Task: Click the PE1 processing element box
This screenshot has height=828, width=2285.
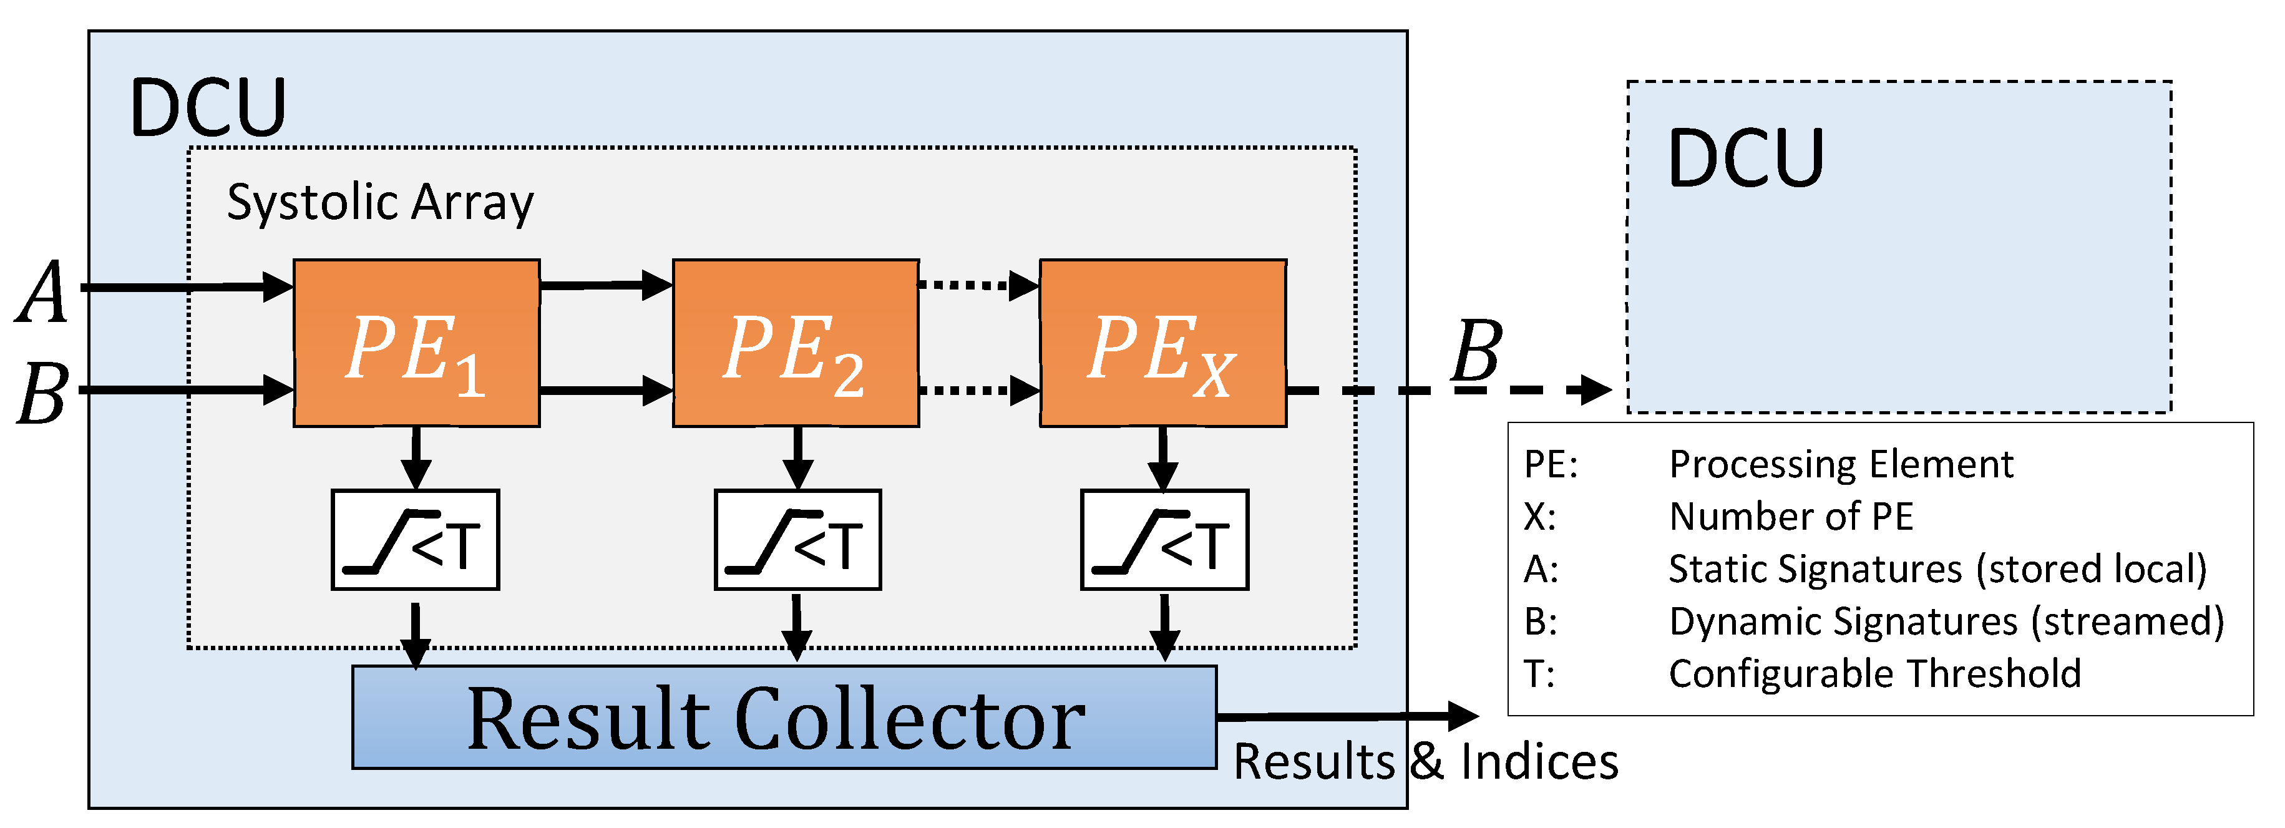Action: (x=416, y=343)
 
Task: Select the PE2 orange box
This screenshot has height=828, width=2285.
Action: (x=795, y=343)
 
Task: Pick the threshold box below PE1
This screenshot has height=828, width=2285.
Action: (x=415, y=540)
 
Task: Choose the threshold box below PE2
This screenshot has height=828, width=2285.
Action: (x=797, y=540)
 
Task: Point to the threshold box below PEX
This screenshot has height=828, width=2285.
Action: (x=1164, y=540)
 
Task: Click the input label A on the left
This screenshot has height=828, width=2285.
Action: (x=42, y=292)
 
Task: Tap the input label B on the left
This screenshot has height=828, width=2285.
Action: (x=42, y=392)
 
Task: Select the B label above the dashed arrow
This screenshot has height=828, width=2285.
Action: (x=1476, y=351)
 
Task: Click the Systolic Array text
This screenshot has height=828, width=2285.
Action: (x=379, y=202)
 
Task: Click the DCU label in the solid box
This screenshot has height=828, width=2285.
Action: (x=208, y=107)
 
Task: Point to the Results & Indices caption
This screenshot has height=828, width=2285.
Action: (x=1425, y=761)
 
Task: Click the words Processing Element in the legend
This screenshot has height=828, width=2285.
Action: (x=1841, y=464)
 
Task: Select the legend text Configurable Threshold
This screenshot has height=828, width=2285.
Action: (x=1874, y=674)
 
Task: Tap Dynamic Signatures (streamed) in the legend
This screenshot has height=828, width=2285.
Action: (x=1946, y=621)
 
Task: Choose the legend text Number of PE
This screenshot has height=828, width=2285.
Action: (x=1791, y=517)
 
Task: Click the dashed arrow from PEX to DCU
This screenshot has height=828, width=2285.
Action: (x=1446, y=389)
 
